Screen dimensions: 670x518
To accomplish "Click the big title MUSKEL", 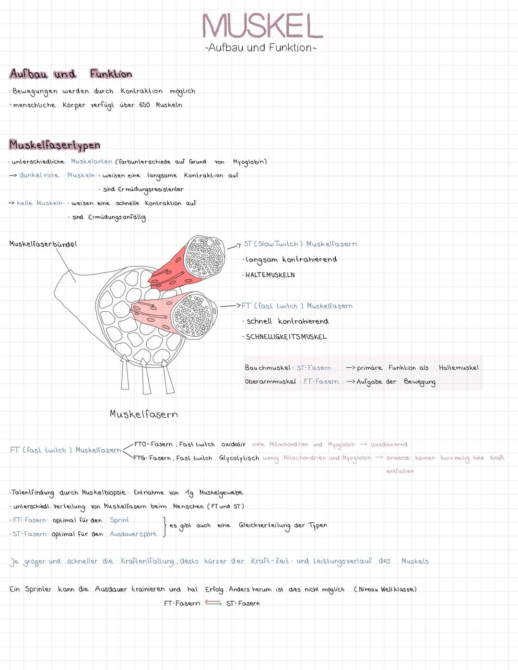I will [262, 26].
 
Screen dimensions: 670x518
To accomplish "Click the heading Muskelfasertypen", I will [55, 145].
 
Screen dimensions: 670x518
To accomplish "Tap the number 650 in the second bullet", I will [144, 105].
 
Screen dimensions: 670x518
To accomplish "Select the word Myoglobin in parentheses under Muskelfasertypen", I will [249, 162].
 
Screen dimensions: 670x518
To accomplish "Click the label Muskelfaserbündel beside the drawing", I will [43, 244].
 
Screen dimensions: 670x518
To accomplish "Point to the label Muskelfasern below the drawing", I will [143, 414].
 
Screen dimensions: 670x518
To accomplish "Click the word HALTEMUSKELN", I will [270, 275].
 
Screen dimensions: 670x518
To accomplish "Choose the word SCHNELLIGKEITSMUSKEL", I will [286, 337].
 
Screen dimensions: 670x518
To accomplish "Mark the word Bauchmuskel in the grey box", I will [268, 368].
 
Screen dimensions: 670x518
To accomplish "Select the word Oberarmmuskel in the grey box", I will [270, 382].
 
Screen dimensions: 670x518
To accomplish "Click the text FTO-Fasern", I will [153, 444].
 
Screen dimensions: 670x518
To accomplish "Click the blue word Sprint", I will [119, 520].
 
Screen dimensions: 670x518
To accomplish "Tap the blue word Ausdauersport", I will [133, 534].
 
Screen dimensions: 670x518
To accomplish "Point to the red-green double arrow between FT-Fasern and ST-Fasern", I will [213, 603].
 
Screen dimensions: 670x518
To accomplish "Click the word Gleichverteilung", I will [264, 525].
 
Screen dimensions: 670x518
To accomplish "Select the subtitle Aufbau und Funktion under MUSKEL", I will [260, 47].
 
